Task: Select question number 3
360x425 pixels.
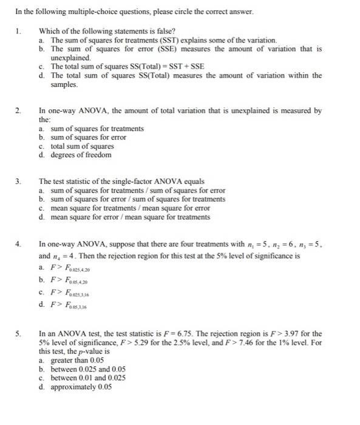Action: click(19, 182)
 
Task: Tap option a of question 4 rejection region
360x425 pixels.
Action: click(67, 268)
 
